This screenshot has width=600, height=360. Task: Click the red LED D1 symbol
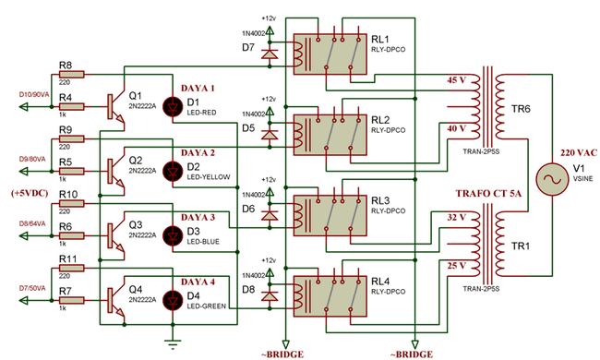[170, 107]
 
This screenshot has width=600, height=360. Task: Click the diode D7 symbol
[270, 54]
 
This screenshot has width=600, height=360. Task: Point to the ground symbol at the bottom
[170, 342]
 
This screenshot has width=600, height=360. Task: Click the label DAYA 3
[198, 217]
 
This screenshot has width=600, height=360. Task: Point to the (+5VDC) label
[30, 194]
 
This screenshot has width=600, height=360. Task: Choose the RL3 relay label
[379, 199]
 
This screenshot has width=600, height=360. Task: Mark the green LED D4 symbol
[170, 301]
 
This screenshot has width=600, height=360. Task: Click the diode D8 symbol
[270, 296]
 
